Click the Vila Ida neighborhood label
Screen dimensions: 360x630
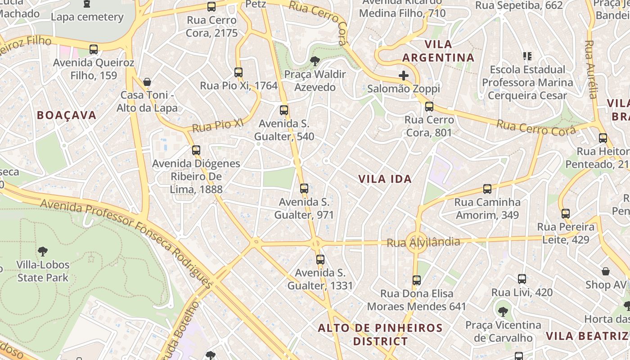[385, 179]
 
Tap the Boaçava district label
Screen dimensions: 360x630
[67, 115]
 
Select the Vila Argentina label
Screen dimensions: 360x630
[438, 51]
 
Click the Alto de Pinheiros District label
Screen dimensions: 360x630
[380, 334]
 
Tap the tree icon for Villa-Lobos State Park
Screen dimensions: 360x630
[43, 251]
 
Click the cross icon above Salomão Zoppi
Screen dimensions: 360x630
[404, 75]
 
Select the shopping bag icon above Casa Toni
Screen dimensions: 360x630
[147, 82]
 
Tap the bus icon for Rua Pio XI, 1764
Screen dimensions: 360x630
[238, 72]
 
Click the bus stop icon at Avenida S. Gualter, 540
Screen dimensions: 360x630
[284, 110]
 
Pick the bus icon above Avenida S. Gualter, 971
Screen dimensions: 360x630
[304, 189]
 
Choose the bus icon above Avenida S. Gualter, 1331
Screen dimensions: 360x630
[320, 260]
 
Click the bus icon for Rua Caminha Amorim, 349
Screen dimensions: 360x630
[487, 189]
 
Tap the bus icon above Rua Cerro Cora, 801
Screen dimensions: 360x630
[429, 107]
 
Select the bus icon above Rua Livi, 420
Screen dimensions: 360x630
[522, 279]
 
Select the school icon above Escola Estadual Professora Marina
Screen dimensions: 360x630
[527, 56]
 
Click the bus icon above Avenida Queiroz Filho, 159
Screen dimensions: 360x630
[94, 49]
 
